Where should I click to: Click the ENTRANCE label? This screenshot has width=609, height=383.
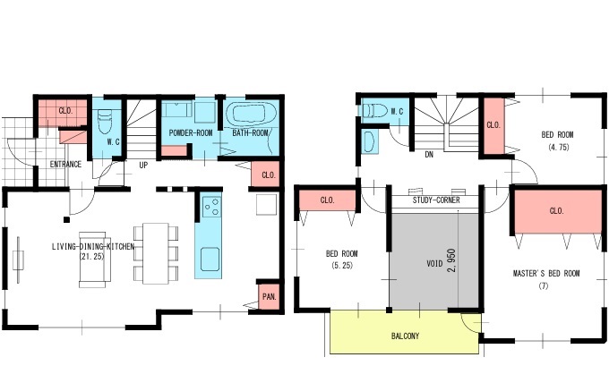(65, 164)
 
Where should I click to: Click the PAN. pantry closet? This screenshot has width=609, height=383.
(270, 297)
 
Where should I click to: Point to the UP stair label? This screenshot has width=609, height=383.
(143, 166)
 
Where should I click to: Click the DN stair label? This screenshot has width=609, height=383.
(429, 155)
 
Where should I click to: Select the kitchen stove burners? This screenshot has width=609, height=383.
(211, 207)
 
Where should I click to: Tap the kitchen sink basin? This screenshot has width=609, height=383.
(210, 260)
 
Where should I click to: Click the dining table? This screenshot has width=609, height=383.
(155, 253)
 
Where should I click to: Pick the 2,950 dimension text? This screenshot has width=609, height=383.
(451, 260)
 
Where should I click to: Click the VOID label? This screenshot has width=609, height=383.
(434, 263)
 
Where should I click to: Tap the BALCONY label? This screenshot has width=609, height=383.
(405, 336)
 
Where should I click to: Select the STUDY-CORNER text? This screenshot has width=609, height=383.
(436, 200)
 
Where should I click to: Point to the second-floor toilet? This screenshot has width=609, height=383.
(374, 111)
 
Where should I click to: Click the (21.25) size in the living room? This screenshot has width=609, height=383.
(91, 257)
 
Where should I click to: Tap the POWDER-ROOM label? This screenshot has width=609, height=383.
(191, 133)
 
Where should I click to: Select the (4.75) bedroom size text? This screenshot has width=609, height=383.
(559, 147)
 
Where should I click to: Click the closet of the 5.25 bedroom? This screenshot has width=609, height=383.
(328, 200)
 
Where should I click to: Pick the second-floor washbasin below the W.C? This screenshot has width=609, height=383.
(370, 141)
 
